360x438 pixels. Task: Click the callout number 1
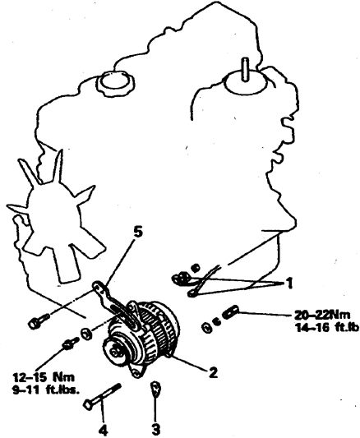click(x=289, y=284)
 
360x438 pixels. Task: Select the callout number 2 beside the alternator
click(x=213, y=372)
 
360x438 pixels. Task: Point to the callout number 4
click(x=103, y=431)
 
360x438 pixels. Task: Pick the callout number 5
click(x=137, y=232)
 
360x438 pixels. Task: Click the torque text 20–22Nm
click(x=322, y=315)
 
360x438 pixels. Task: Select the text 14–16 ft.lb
click(x=327, y=327)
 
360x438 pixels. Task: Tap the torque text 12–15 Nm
click(x=44, y=377)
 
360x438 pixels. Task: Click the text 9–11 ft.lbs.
click(x=46, y=390)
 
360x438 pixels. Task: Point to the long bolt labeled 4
click(x=102, y=396)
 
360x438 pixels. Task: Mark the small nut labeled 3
click(x=155, y=390)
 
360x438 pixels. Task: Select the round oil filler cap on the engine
click(x=115, y=82)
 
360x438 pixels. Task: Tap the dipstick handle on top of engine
click(x=245, y=70)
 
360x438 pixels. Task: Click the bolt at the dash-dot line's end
click(x=39, y=320)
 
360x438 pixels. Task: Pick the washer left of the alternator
click(x=86, y=334)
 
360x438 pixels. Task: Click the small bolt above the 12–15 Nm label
click(x=70, y=344)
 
